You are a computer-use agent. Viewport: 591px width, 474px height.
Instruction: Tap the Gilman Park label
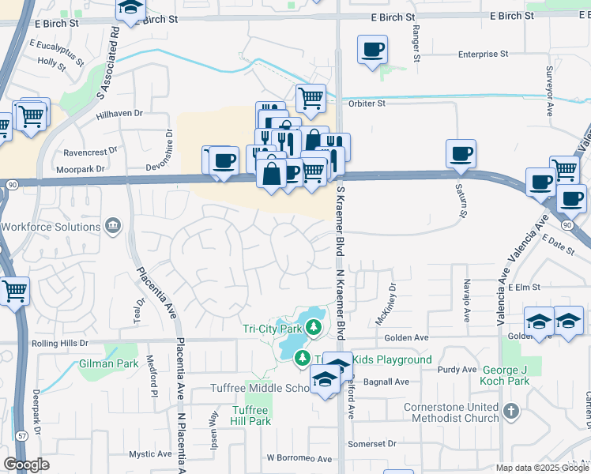[x=108, y=365]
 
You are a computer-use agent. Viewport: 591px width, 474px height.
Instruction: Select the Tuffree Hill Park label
[x=251, y=416]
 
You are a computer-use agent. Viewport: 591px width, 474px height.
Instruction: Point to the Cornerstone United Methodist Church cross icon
[x=511, y=411]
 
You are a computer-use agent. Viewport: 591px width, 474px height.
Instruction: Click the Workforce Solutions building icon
[x=113, y=227]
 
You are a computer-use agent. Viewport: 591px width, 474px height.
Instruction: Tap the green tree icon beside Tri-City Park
[x=314, y=326]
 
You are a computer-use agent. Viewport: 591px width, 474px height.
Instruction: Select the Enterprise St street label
[x=483, y=55]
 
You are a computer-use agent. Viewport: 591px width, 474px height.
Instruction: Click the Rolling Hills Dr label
[x=60, y=344]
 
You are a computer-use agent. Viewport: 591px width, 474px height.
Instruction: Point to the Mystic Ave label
[x=150, y=454]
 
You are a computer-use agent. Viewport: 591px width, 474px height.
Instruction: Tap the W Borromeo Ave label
[x=299, y=458]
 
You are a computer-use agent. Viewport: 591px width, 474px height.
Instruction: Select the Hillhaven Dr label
[x=119, y=114]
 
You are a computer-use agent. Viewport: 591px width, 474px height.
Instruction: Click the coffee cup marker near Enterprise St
[x=372, y=50]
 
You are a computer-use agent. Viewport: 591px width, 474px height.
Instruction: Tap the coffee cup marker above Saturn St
[x=461, y=152]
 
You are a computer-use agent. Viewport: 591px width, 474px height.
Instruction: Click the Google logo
[x=26, y=465]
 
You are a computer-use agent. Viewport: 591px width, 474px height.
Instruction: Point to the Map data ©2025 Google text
[x=543, y=468]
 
